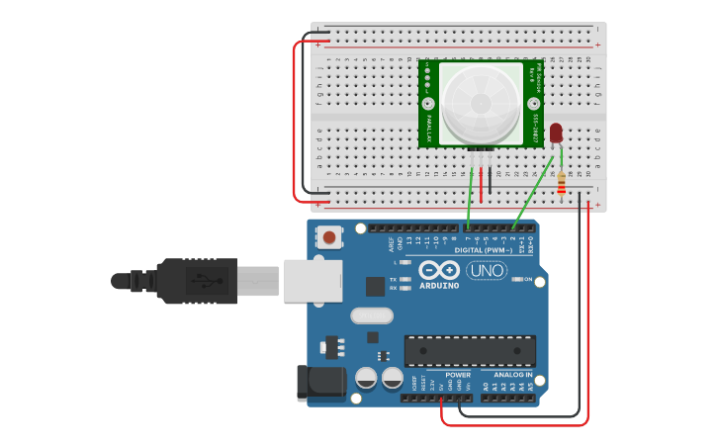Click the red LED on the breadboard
click(x=556, y=133)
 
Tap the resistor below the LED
click(x=562, y=183)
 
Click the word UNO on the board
click(x=487, y=270)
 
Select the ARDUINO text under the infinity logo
click(x=439, y=286)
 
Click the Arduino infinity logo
click(x=439, y=270)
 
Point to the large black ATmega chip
click(x=470, y=350)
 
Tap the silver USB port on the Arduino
click(x=313, y=280)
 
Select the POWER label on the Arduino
click(x=458, y=375)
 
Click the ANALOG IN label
click(x=513, y=375)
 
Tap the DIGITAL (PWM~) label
click(x=482, y=250)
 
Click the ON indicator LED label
click(x=528, y=280)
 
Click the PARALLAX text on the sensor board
click(x=428, y=128)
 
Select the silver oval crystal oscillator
click(x=372, y=316)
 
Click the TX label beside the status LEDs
click(x=394, y=280)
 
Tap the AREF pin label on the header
click(x=391, y=240)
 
